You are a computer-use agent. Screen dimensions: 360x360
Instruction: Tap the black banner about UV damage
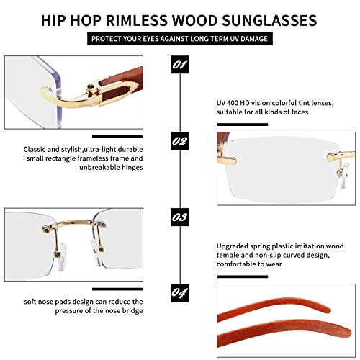pyautogui.click(x=180, y=38)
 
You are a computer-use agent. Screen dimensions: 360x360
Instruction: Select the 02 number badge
pyautogui.click(x=180, y=140)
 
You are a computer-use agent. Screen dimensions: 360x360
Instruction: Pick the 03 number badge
pyautogui.click(x=180, y=215)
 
